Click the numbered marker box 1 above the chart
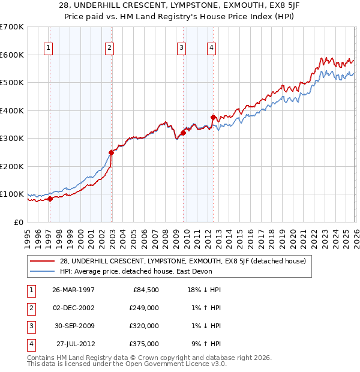47,49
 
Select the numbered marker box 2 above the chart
109,49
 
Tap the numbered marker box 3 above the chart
181,49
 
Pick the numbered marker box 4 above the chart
212,49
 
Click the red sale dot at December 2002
111,152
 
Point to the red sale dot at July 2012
213,117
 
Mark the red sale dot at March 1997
50,199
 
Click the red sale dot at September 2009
183,133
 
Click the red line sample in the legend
42,261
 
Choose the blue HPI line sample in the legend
42,271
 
